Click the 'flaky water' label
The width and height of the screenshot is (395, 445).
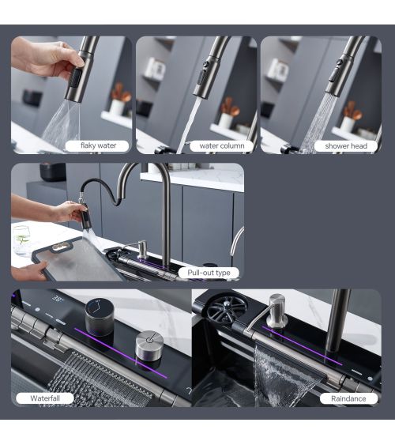tap(98, 146)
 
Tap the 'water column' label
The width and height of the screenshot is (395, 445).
tap(222, 146)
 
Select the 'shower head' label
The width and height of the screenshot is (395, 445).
tap(346, 146)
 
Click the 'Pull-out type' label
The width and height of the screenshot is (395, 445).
tap(209, 273)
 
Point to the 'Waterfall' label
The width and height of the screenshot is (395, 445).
tap(45, 398)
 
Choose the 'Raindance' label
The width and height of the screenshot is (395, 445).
tap(348, 398)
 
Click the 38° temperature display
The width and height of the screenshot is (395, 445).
tap(58, 299)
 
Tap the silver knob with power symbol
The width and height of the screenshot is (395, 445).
tap(149, 345)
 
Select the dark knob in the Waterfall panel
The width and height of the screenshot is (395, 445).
tap(100, 317)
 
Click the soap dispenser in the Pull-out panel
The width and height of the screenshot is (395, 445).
tap(141, 249)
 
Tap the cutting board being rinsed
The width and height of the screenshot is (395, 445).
tap(77, 260)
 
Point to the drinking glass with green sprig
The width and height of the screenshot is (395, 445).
tap(21, 240)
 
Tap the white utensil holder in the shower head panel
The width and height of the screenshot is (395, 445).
tap(348, 124)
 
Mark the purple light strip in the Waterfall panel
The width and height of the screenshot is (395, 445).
tap(121, 353)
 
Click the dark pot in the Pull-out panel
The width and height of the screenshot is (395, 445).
tap(53, 172)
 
